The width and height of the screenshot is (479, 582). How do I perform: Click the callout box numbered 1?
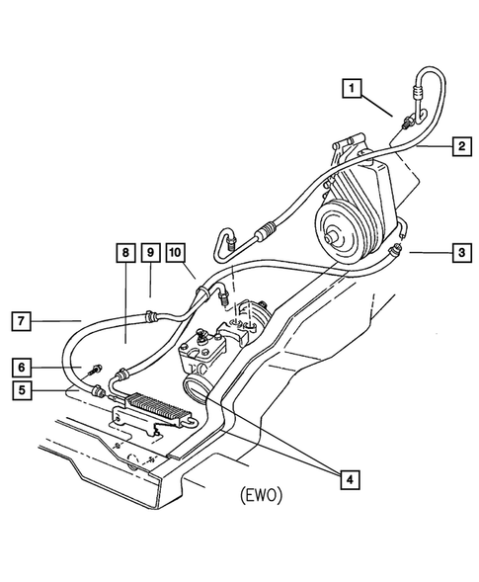tap(352, 88)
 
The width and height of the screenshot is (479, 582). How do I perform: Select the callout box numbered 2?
tap(461, 146)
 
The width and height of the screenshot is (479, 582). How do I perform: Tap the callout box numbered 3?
tap(461, 253)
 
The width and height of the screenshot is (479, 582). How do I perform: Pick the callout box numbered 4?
tap(350, 480)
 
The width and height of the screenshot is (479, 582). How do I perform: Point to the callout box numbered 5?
tap(22, 390)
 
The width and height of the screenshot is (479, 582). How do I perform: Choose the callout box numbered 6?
tap(22, 368)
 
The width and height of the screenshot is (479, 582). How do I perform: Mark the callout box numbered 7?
tap(21, 321)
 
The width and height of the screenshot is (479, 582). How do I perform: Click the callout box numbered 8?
tap(125, 253)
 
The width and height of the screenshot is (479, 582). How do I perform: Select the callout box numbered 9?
tap(151, 253)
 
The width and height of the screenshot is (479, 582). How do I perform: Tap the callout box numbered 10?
tap(176, 253)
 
